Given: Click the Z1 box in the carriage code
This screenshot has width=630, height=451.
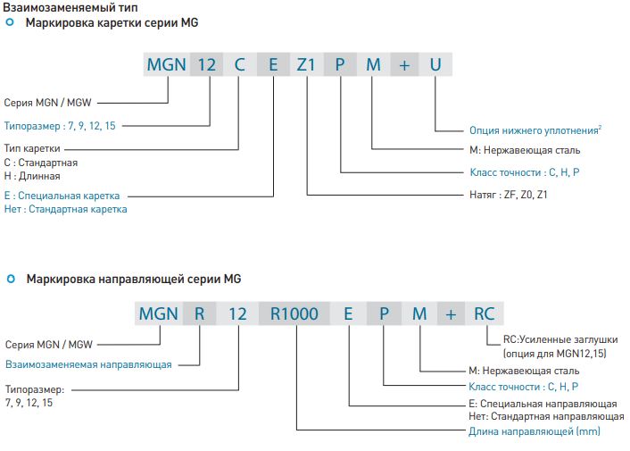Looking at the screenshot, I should tap(306, 64).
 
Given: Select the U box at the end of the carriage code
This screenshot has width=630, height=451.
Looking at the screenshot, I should tap(435, 64).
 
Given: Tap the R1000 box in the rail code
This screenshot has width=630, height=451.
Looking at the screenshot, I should tap(294, 313).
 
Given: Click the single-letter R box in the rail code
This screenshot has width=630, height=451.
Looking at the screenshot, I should tap(199, 313).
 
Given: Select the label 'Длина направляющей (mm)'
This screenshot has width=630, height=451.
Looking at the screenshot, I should tap(535, 431).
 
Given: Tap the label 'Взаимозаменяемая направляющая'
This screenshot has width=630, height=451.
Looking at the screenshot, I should tap(88, 364).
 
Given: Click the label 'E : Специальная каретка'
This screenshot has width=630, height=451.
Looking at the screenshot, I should tap(62, 195).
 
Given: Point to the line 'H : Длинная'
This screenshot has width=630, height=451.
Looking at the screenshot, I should tap(32, 176).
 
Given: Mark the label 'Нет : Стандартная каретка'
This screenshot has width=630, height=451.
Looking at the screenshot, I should tap(66, 209).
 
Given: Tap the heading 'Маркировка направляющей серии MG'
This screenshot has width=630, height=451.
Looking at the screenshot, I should tap(134, 280).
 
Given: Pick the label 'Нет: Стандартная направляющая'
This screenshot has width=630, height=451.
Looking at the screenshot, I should tap(545, 417).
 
